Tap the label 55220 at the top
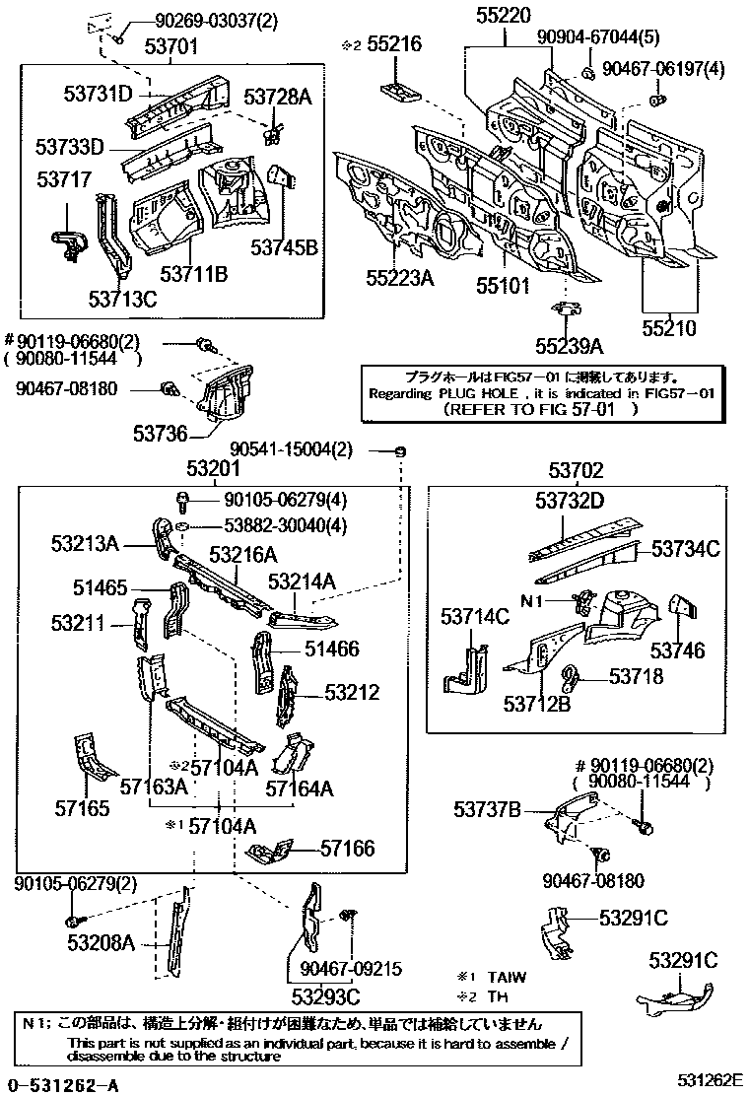tap(504, 15)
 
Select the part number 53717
tap(64, 179)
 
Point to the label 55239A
tap(569, 346)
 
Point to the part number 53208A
tap(101, 943)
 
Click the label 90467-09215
tap(352, 970)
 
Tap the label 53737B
tap(487, 809)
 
